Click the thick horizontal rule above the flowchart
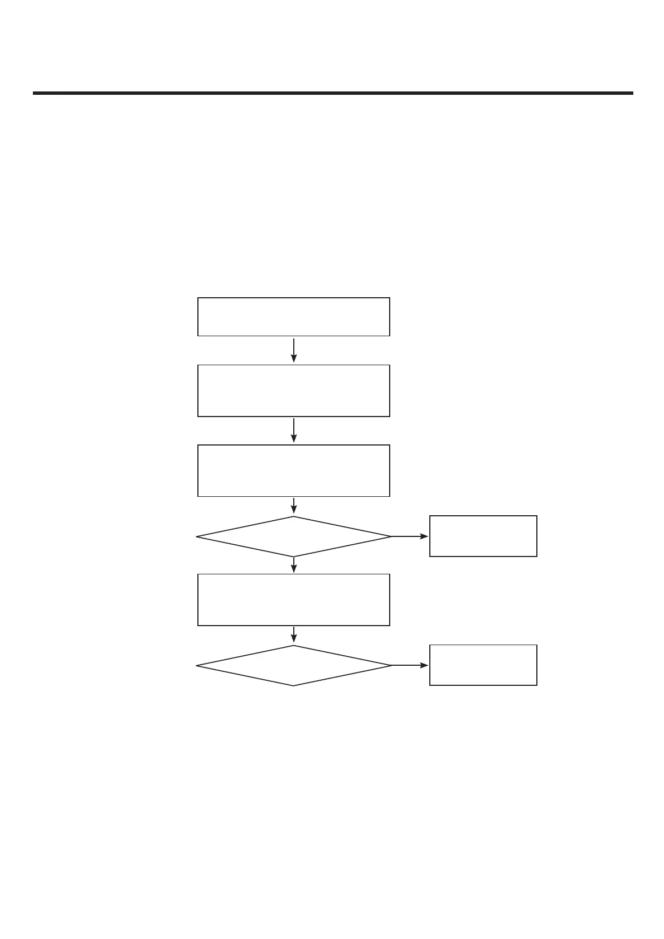tap(333, 93)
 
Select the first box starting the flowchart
tap(293, 317)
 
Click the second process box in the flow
tap(293, 390)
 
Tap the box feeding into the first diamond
tap(293, 470)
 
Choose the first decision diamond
tap(293, 536)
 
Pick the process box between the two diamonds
tap(293, 599)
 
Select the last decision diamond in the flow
tap(293, 665)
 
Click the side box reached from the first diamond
tap(483, 536)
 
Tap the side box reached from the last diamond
tap(483, 665)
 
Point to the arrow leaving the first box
tap(293, 350)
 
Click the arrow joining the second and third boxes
tap(293, 430)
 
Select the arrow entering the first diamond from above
tap(293, 505)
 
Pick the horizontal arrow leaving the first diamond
tap(410, 536)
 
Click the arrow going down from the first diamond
tap(293, 564)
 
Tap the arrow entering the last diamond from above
tap(293, 635)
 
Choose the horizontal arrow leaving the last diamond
tap(410, 665)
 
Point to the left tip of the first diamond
tap(197, 536)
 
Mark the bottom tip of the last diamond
tap(293, 685)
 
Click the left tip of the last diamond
tap(197, 665)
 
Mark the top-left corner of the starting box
tap(198, 298)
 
